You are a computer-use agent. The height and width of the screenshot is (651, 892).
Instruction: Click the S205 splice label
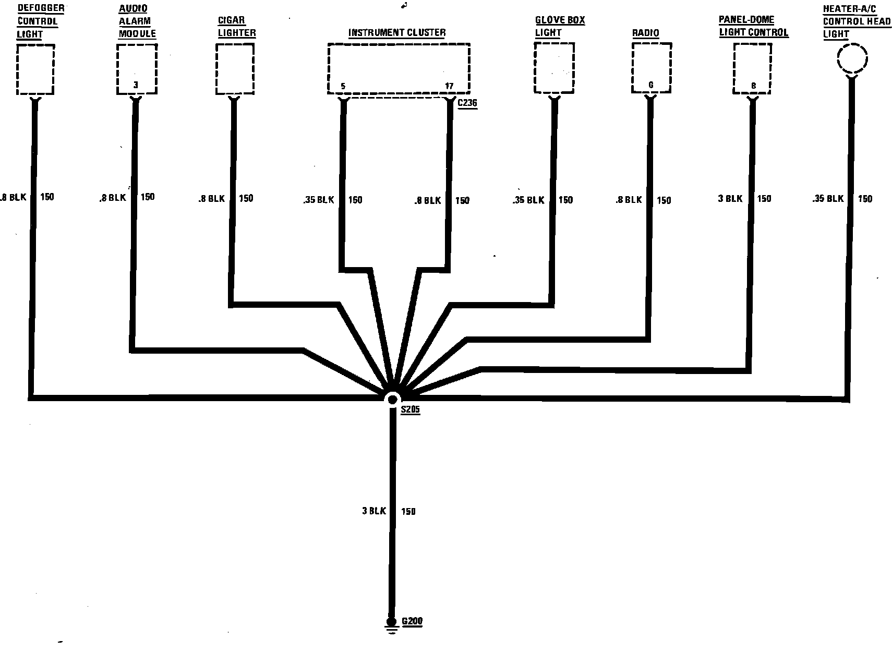pos(410,410)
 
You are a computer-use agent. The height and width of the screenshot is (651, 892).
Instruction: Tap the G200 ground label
pos(412,621)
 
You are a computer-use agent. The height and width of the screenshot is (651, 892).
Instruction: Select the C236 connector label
pos(467,103)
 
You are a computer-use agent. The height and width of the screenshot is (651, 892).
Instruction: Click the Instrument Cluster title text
pos(397,33)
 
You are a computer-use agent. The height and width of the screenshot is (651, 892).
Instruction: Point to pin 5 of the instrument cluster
pos(343,86)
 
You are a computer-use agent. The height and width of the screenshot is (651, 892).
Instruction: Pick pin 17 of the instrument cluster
pos(449,86)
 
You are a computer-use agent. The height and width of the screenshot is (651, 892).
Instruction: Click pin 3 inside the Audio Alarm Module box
pos(136,85)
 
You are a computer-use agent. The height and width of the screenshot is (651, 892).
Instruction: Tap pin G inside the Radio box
pos(650,85)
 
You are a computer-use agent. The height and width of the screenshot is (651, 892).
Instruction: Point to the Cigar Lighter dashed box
pos(235,69)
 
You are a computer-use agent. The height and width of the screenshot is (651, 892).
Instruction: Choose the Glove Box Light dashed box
pos(554,68)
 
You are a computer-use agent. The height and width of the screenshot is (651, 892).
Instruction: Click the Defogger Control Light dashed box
pos(35,69)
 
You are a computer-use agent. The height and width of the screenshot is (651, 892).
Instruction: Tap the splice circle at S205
pos(392,399)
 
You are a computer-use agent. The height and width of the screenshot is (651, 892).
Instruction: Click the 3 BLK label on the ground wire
pos(373,511)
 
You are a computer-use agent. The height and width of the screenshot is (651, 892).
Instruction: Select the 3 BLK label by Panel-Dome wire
pos(730,199)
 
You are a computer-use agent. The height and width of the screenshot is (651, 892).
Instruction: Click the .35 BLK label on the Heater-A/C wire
pos(827,199)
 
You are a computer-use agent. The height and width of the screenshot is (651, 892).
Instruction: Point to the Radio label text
pos(646,33)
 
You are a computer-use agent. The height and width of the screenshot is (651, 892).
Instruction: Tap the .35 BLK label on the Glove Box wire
pos(528,200)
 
